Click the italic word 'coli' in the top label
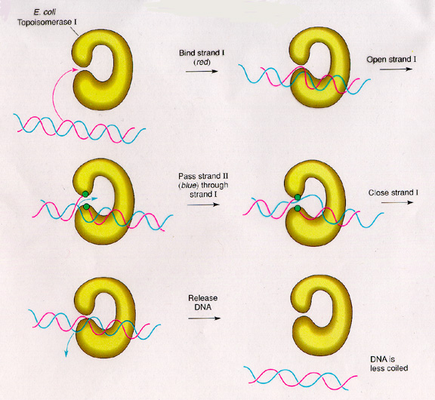click(x=49, y=13)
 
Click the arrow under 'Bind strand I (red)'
click(x=202, y=71)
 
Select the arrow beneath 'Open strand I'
click(x=396, y=69)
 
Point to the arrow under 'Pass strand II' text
click(x=203, y=205)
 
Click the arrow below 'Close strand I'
click(x=397, y=202)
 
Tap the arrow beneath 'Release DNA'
click(x=204, y=318)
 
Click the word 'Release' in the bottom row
click(x=203, y=298)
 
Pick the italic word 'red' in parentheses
click(x=202, y=63)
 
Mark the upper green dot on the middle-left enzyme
click(x=85, y=194)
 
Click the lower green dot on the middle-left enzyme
click(x=86, y=207)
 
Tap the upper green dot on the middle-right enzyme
click(x=298, y=198)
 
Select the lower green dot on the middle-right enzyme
click(x=298, y=208)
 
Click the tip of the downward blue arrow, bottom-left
click(x=66, y=357)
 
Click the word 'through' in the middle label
click(x=214, y=186)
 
